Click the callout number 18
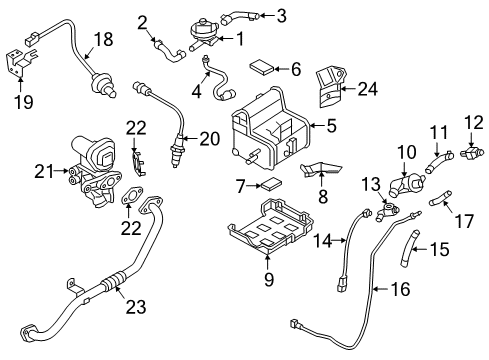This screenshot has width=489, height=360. pos(104,39)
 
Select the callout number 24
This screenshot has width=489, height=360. pos(368,89)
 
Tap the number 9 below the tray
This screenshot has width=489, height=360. pos(269,279)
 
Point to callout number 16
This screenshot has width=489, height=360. pos(400,289)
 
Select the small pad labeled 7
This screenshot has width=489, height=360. pos(271,184)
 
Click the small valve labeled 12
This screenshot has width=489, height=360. pos(472,152)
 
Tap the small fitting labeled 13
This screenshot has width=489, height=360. pos(387,211)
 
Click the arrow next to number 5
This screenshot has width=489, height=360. pos(317,126)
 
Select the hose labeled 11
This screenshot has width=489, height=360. pos(438,161)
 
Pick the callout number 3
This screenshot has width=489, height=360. pos(282,16)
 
